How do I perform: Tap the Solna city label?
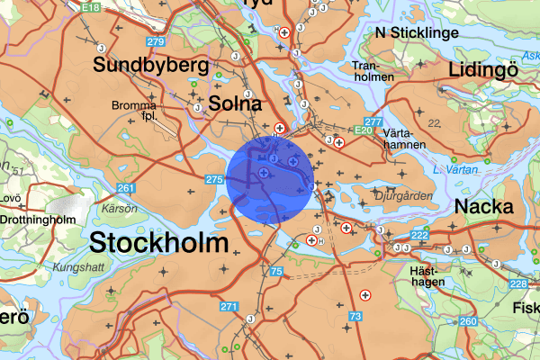pyautogui.click(x=235, y=103)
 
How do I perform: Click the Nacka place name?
pyautogui.click(x=483, y=207)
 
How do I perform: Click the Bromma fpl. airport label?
pyautogui.click(x=134, y=111)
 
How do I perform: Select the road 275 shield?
pyautogui.click(x=213, y=181)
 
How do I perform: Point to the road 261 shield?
pyautogui.click(x=125, y=188)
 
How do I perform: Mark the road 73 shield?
pyautogui.click(x=355, y=317)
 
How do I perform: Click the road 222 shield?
pyautogui.click(x=419, y=236)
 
